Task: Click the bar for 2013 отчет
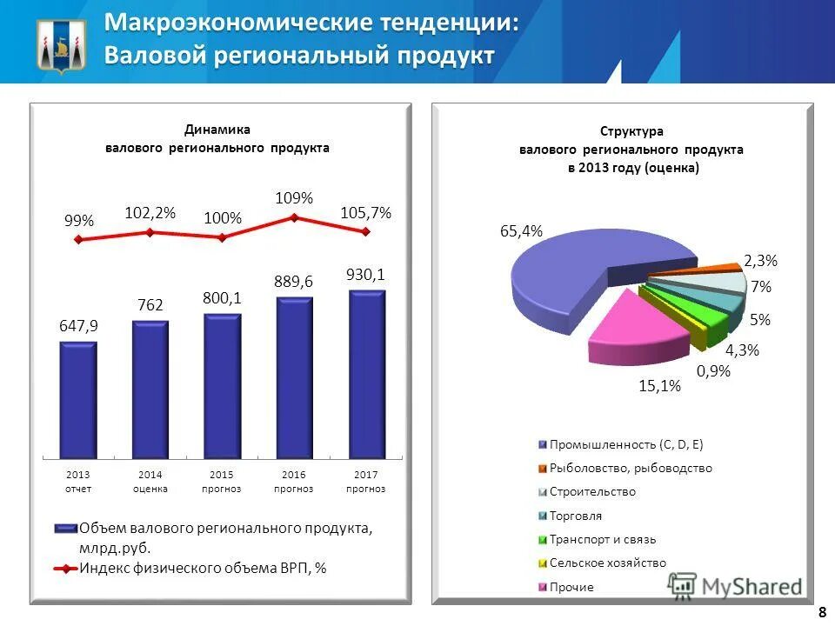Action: (78, 400)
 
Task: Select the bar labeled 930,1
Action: (366, 374)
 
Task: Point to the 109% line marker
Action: (294, 218)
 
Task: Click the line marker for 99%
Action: (79, 239)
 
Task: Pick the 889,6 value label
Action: (294, 282)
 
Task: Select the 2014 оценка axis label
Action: (150, 482)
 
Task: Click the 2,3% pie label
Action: (760, 260)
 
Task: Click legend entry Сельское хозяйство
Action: (606, 563)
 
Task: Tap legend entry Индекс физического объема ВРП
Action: (202, 568)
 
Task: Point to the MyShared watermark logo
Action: (736, 587)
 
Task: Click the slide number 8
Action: (821, 612)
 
